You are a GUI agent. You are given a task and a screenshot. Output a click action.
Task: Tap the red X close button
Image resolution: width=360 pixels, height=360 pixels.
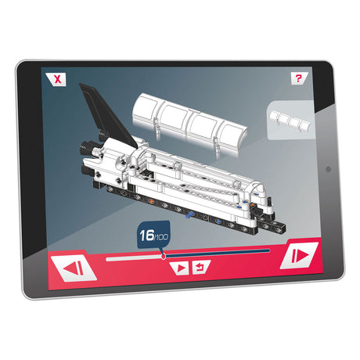[x=56, y=79]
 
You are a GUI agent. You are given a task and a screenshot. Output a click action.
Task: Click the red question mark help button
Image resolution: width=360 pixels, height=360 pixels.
[x=299, y=78]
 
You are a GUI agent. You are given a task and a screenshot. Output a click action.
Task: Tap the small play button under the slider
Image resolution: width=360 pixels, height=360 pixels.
[x=180, y=268]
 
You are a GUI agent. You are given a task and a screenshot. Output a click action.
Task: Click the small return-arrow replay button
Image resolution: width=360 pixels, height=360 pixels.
[x=201, y=267]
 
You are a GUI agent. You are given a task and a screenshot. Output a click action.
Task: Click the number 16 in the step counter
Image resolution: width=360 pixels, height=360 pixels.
[x=147, y=236]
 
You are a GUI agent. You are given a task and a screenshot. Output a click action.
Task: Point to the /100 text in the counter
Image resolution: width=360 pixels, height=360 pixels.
[x=161, y=237]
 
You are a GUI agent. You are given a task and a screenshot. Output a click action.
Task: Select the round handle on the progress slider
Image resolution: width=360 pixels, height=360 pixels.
[x=164, y=257]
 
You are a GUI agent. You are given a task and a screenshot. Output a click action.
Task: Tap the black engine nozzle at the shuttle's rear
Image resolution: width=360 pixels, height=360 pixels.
[x=87, y=149]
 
